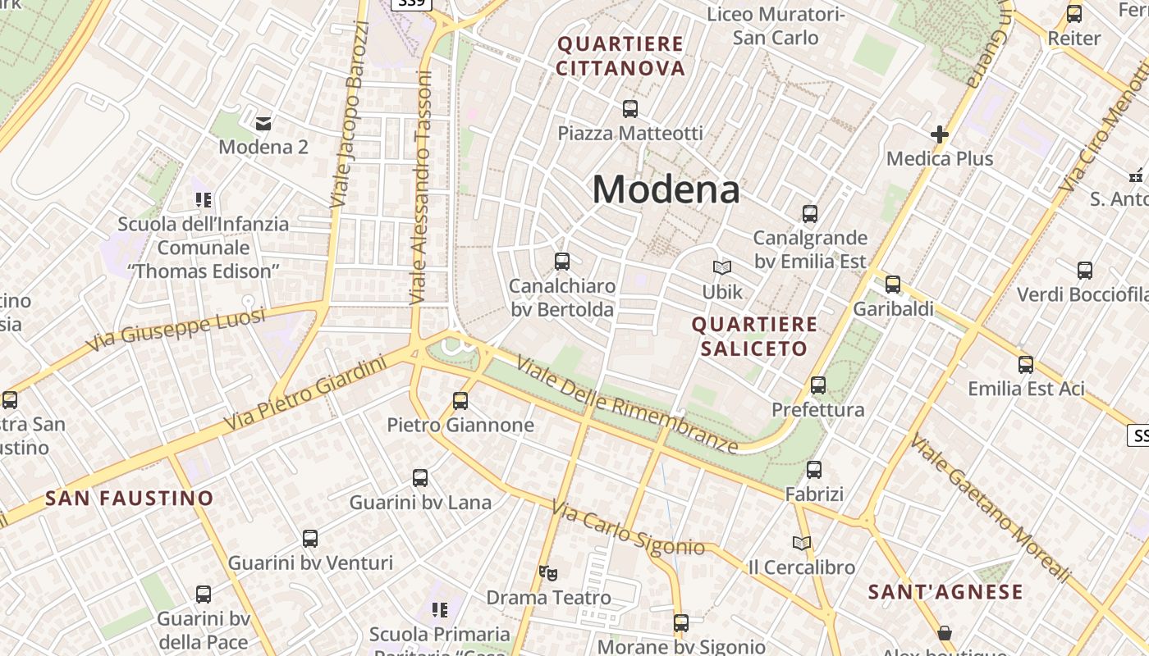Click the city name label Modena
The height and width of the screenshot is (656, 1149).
click(666, 189)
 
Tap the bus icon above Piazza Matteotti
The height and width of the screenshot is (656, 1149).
click(630, 108)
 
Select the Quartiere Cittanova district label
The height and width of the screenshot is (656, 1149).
click(620, 56)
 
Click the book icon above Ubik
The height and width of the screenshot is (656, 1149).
click(722, 267)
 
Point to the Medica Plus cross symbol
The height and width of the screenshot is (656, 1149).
click(940, 134)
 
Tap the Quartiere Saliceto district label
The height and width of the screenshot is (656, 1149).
click(754, 336)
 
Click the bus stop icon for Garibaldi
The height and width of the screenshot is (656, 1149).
click(893, 285)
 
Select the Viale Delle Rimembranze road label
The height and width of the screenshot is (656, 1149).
click(628, 406)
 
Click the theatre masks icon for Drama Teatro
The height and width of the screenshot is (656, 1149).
click(548, 573)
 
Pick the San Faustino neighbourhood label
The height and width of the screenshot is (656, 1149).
click(129, 498)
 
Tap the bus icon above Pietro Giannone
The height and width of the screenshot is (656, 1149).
click(460, 400)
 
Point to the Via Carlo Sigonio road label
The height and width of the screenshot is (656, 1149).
click(628, 529)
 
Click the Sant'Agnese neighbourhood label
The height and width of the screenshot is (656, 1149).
click(945, 591)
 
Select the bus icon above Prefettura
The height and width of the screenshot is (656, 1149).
click(818, 385)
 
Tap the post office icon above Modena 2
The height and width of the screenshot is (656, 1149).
click(263, 123)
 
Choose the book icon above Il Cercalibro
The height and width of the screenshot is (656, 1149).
click(802, 543)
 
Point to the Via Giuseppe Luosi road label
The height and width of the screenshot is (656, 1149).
click(176, 330)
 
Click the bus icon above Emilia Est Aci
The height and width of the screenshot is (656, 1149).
click(1026, 364)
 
